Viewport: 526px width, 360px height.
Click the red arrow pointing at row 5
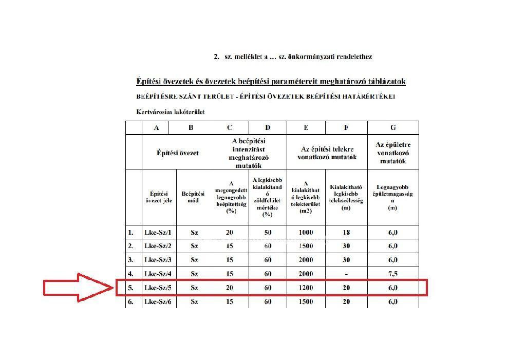tap(77, 288)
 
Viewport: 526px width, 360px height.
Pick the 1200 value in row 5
tap(305, 288)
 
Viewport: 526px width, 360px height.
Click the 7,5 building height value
tap(393, 274)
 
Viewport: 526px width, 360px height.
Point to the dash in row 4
tap(346, 274)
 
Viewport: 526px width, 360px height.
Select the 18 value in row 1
tap(346, 233)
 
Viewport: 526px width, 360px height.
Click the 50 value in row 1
tap(268, 233)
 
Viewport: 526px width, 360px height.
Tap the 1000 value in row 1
tap(305, 233)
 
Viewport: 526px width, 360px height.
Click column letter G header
tap(393, 128)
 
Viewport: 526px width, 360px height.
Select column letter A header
tap(157, 128)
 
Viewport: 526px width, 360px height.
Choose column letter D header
tap(268, 128)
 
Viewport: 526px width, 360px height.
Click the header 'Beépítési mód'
tap(193, 197)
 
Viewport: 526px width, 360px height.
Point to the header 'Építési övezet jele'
tap(158, 197)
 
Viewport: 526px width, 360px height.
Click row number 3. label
tap(130, 260)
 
